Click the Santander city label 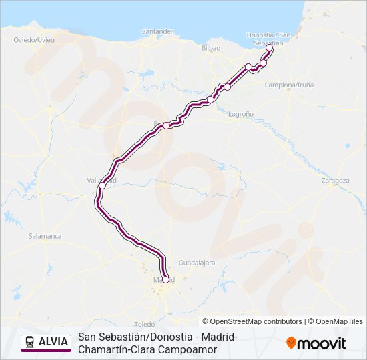click(x=157, y=31)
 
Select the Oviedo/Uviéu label click(x=33, y=40)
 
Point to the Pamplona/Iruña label click(x=289, y=85)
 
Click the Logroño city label click(x=240, y=114)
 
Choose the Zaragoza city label click(x=335, y=181)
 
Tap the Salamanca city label click(x=45, y=236)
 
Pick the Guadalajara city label click(x=197, y=263)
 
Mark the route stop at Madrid click(x=165, y=279)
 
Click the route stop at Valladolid click(x=102, y=186)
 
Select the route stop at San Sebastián click(x=269, y=48)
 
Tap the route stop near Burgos click(x=167, y=125)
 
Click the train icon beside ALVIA click(x=29, y=342)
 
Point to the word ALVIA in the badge click(x=53, y=342)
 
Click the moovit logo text click(x=322, y=343)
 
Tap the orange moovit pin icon click(x=291, y=343)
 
